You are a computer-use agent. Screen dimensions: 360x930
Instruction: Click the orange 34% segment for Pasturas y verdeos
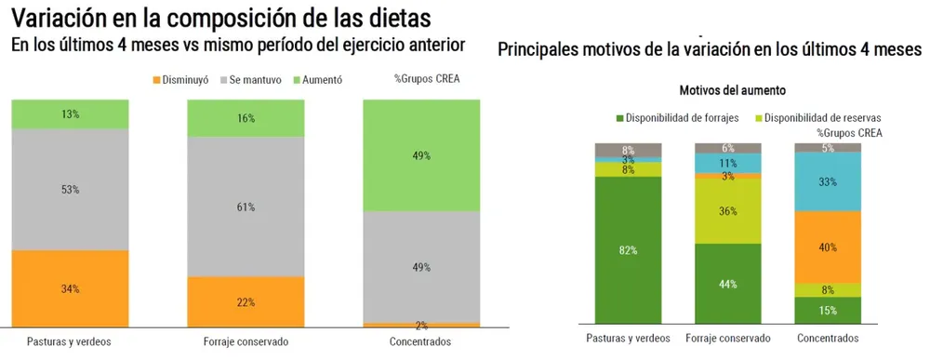tap(70, 288)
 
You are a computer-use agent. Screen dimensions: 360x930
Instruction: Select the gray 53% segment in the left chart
tap(70, 189)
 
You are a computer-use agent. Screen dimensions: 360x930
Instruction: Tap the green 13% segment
tap(70, 113)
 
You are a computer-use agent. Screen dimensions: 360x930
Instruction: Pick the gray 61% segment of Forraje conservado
tap(246, 207)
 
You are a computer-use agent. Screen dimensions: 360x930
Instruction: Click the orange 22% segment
tap(246, 301)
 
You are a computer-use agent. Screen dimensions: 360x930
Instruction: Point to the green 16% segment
tap(246, 118)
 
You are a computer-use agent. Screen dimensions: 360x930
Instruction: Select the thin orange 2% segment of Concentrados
tap(421, 325)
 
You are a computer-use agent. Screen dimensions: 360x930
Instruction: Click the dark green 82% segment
tap(628, 249)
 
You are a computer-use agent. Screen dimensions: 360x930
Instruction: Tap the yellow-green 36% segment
tap(728, 211)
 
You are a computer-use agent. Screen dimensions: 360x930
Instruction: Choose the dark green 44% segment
tap(728, 284)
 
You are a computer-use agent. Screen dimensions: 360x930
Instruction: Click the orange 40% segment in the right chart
tap(828, 247)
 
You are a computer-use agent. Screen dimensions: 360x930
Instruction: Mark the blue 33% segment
tap(828, 182)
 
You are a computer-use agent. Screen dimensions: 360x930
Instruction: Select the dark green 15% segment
tap(828, 310)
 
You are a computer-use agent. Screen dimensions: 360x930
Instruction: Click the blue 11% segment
tap(728, 163)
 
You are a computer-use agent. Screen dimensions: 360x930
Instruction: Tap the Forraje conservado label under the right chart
tap(728, 339)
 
